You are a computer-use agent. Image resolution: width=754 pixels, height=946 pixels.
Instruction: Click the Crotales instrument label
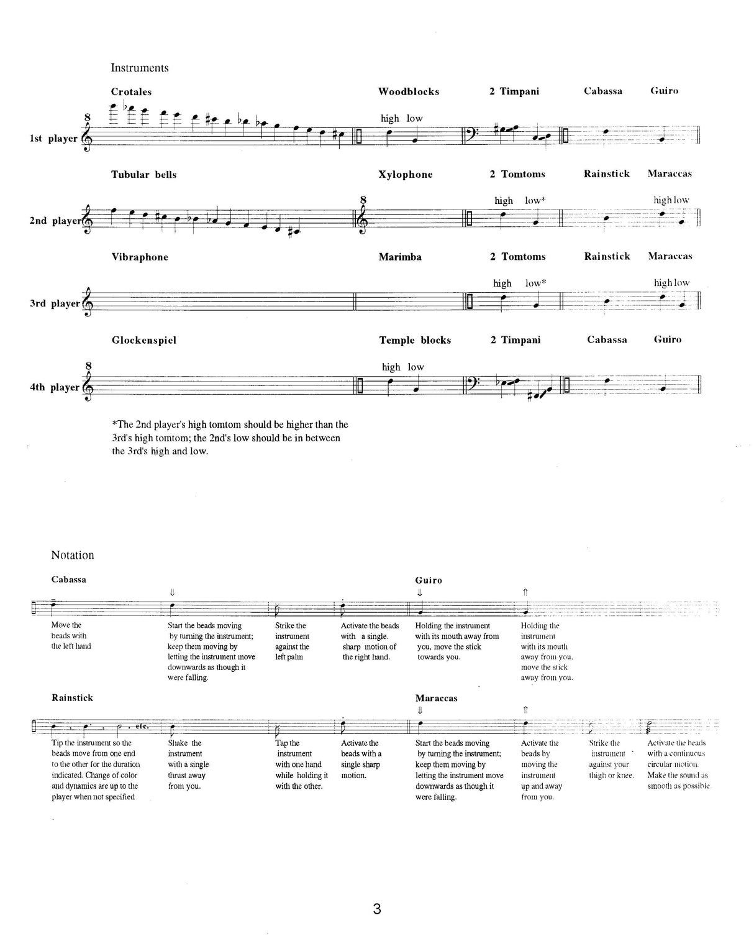coord(131,92)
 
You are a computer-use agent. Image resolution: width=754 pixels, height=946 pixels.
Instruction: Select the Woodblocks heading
coord(409,91)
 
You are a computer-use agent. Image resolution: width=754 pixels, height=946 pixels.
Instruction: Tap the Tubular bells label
coord(144,175)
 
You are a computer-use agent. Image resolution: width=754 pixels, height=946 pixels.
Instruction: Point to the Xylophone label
coord(406,175)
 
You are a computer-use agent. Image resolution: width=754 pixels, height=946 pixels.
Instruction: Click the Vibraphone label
coord(140,257)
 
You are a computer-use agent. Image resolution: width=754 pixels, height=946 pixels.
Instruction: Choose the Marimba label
coord(400,257)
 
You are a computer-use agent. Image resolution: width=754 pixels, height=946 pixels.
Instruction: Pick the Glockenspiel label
coord(144,340)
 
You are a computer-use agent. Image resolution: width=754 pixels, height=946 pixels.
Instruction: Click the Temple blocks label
coord(415,340)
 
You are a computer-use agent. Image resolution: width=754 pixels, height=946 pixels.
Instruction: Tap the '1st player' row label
coord(53,138)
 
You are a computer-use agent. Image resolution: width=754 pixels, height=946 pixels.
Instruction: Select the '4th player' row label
coord(55,387)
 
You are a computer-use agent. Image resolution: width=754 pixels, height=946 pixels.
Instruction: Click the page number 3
coord(377,909)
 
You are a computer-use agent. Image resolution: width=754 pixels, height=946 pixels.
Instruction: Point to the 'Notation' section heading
coord(73,555)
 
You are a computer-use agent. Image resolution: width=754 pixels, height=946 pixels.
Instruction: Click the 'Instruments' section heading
coord(140,68)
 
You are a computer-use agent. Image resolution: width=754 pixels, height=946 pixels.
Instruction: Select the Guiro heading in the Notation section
coord(429,580)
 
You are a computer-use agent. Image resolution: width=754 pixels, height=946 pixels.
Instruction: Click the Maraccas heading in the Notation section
coord(436,698)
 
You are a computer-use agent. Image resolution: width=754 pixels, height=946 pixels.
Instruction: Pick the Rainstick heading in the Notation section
coord(72,698)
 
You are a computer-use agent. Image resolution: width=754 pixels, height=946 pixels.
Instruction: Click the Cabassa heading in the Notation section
coord(69,580)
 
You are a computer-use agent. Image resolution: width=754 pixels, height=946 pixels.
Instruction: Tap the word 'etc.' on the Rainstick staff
coord(142,725)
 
